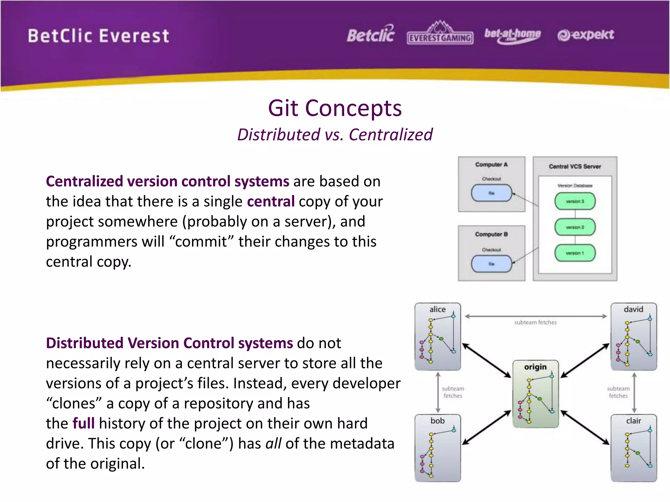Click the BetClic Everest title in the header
point(98,36)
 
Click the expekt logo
point(586,35)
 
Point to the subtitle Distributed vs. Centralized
point(335,135)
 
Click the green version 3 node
point(575,201)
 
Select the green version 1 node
point(575,253)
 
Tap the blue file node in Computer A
point(491,193)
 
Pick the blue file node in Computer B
point(491,264)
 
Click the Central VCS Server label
point(575,166)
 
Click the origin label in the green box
point(535,367)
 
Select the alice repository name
point(437,309)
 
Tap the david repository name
point(633,309)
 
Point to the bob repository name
point(437,421)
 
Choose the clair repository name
point(633,421)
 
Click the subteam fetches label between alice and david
point(535,322)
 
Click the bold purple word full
point(83,423)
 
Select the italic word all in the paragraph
point(273,443)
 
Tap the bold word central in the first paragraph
point(271,201)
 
